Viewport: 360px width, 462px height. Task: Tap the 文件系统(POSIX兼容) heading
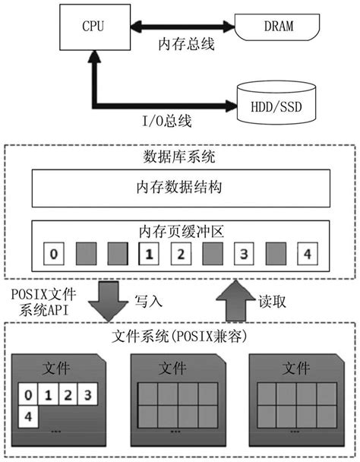[179, 333]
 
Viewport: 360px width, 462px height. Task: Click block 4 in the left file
[28, 417]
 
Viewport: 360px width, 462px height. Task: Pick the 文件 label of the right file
[295, 369]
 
